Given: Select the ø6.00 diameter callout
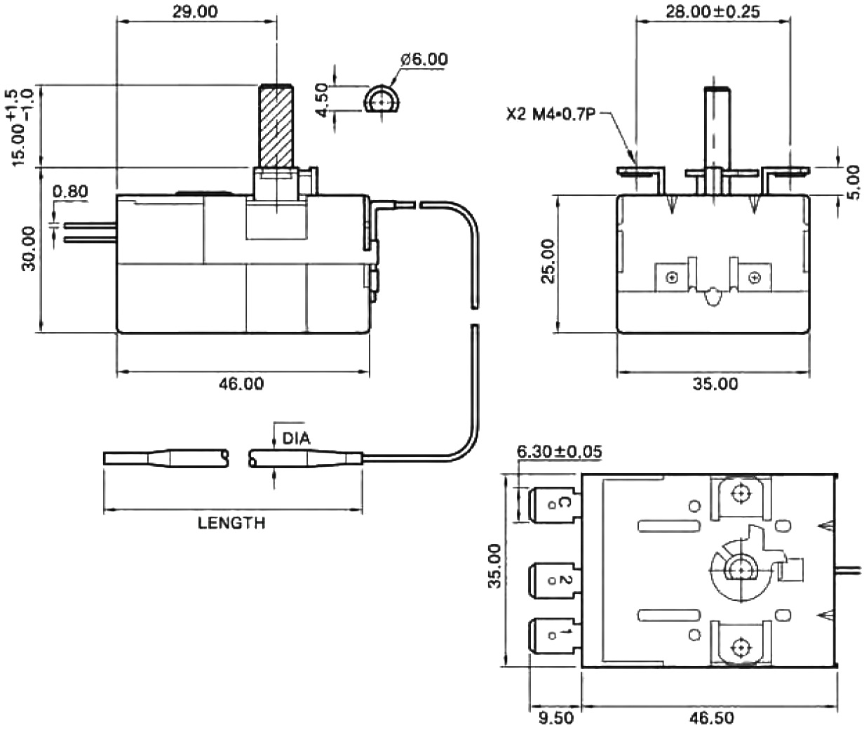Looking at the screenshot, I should tap(424, 60).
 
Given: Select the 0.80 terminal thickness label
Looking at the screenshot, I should tap(70, 191).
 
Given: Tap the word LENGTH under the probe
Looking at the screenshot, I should tap(231, 523).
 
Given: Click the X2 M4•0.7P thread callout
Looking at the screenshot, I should tap(549, 114).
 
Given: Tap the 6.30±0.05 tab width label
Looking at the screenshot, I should tap(558, 451).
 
